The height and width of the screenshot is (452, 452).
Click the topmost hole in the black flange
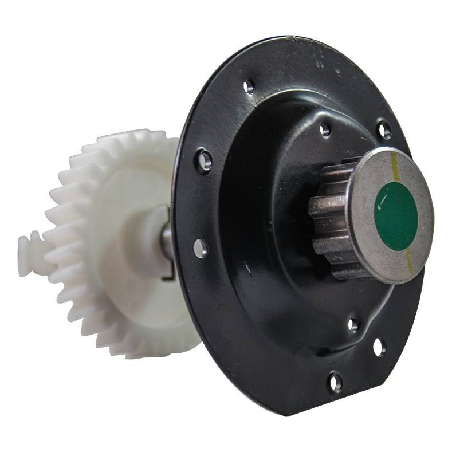pos(249,87)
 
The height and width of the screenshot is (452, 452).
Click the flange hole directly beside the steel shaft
pos(200,248)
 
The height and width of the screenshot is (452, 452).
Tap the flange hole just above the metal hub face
pos(384,130)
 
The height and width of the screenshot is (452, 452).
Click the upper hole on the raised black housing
pos(325,129)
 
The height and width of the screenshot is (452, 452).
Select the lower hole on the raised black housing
pos(353,325)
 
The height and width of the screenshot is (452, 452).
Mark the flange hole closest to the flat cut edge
pos(379,347)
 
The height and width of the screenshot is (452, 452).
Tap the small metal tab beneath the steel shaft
pos(168,274)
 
